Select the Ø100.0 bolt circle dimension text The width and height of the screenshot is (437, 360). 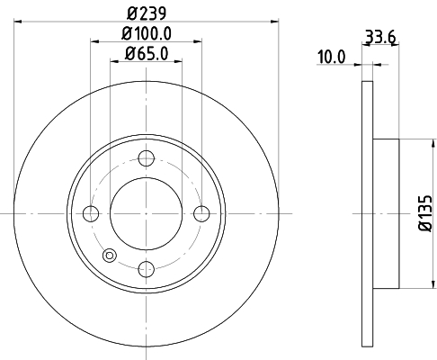(145, 33)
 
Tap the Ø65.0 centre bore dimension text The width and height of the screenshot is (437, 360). (145, 53)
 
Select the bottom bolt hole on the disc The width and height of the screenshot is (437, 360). (146, 268)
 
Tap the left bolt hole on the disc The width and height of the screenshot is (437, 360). (91, 213)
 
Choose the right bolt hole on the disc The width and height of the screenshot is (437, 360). (201, 213)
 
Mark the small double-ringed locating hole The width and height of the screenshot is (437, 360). (110, 255)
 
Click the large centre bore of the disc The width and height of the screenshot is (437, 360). (146, 213)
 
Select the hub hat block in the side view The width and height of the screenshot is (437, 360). (385, 213)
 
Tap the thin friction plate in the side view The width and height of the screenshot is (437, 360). (366, 213)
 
